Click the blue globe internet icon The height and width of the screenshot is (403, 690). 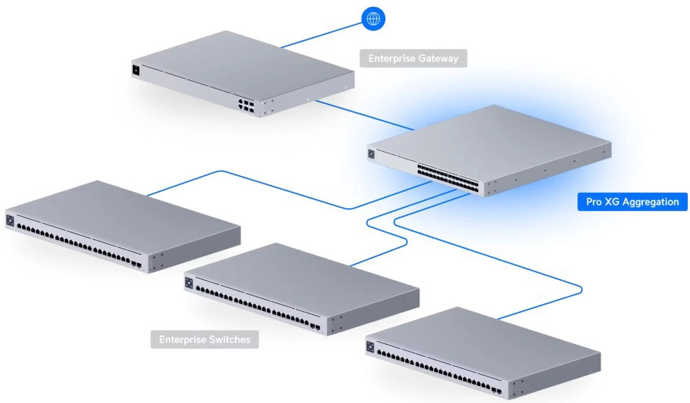[373, 18]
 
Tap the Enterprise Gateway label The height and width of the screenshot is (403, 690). [413, 58]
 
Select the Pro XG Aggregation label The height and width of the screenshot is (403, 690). [632, 201]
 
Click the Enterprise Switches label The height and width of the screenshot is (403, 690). [205, 339]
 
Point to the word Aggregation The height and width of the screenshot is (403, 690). [651, 203]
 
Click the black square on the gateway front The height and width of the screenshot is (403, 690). [136, 70]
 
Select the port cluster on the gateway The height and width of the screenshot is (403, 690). [246, 106]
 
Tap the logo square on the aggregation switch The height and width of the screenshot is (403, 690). [371, 154]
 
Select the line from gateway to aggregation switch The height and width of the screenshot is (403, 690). [365, 115]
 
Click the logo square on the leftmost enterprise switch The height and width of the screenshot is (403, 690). [10, 220]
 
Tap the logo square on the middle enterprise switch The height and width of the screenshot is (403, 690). [189, 283]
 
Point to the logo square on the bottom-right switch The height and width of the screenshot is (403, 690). [370, 347]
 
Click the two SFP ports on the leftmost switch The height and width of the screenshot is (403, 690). [136, 264]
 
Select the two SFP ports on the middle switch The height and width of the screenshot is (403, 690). [315, 327]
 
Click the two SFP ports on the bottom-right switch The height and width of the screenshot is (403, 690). [497, 390]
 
